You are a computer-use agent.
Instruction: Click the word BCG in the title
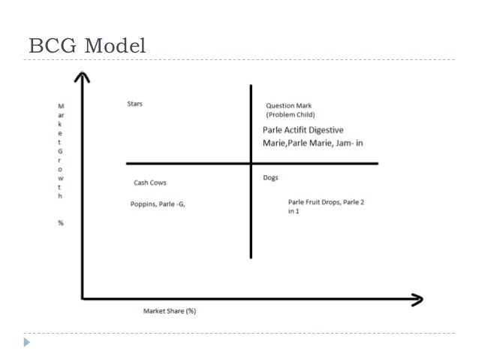[52, 46]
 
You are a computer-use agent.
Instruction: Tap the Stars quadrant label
[135, 104]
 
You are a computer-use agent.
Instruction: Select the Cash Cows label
[150, 183]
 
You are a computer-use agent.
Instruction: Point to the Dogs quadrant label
[271, 178]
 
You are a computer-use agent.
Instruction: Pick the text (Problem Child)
[291, 115]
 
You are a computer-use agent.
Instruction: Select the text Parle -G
[172, 203]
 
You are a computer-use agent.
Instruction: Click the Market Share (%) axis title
[170, 311]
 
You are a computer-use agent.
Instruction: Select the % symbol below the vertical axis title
[61, 223]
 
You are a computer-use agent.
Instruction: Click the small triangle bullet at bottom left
[27, 343]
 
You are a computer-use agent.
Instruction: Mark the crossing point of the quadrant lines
[250, 163]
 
